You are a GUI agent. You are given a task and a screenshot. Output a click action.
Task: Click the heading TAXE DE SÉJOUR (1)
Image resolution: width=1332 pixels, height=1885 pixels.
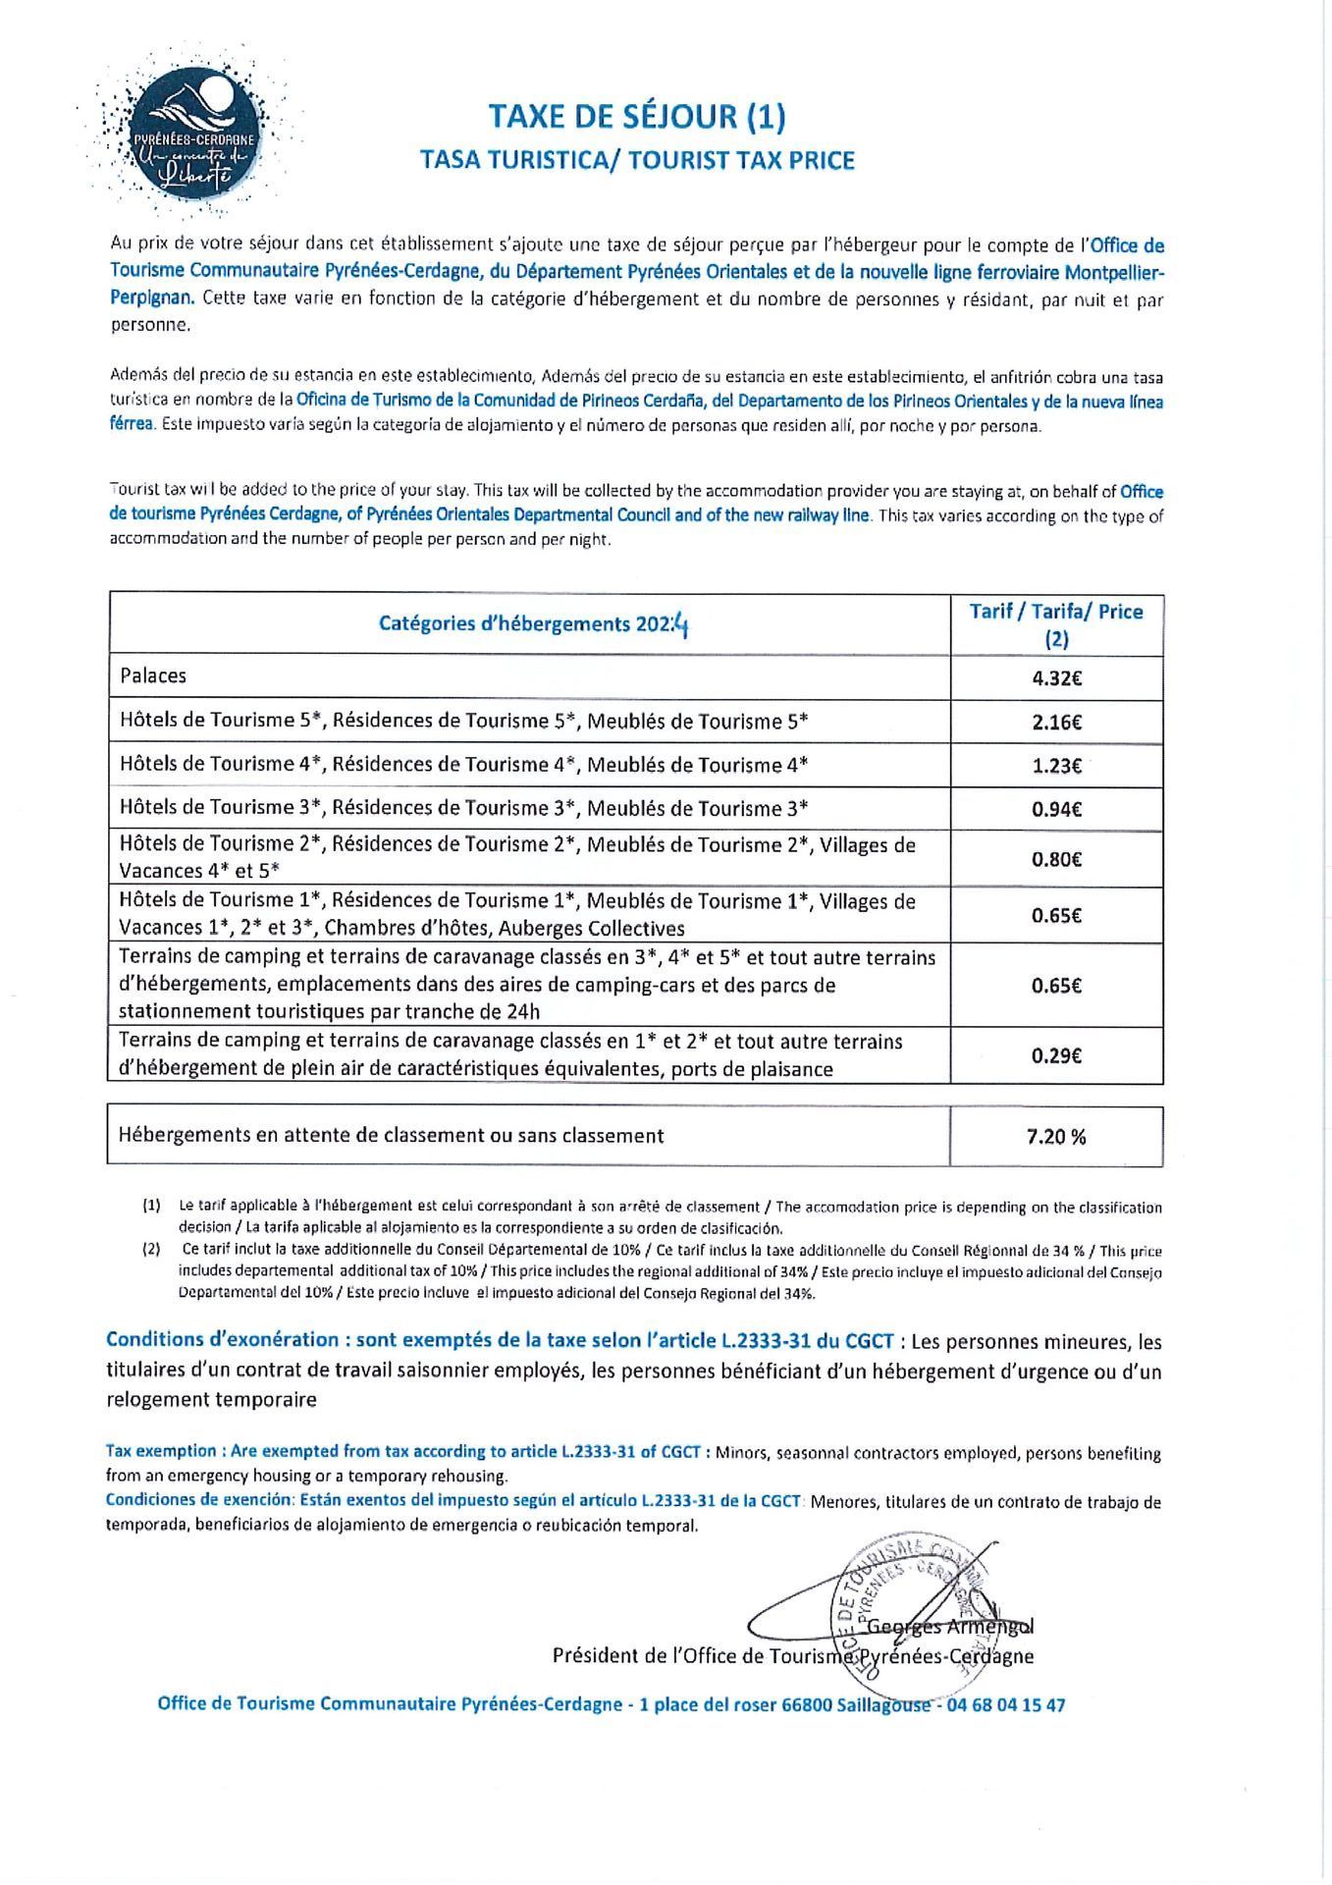coord(637,117)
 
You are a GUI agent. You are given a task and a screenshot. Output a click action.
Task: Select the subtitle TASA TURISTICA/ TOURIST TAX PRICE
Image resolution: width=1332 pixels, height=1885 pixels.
coord(637,159)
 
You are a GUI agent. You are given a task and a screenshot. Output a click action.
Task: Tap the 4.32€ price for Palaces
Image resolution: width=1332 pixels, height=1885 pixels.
coord(1056,677)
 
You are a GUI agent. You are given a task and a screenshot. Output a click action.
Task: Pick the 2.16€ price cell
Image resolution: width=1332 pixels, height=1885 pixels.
coord(1056,723)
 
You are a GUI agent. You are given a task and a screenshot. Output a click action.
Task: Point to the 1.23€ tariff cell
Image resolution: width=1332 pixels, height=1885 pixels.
coord(1056,766)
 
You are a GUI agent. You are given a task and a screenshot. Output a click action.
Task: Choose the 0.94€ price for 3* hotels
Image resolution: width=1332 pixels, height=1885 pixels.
coord(1056,810)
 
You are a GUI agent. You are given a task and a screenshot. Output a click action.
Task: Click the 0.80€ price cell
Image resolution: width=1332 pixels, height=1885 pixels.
coord(1056,859)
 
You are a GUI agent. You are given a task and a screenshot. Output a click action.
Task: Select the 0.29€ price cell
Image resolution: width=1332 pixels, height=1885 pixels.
coord(1056,1056)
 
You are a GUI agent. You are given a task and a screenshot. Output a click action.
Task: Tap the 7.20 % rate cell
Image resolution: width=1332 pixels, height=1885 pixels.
coord(1056,1137)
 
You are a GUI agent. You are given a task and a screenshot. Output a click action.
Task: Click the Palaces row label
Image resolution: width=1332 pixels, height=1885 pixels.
coord(153,675)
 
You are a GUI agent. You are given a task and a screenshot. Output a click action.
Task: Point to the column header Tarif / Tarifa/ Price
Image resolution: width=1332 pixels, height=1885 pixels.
coord(1056,612)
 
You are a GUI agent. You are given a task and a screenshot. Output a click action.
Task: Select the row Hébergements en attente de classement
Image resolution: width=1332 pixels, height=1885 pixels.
coord(391,1136)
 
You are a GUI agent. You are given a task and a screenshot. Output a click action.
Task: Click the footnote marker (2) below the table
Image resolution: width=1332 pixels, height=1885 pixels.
coord(151,1251)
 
